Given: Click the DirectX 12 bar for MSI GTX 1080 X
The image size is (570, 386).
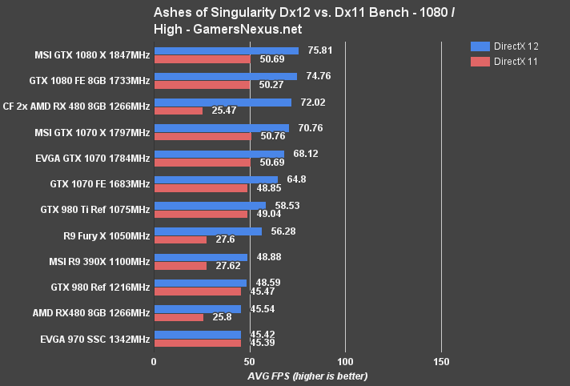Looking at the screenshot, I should [226, 51].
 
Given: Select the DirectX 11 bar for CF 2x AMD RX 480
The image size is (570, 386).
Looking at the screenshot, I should [178, 111].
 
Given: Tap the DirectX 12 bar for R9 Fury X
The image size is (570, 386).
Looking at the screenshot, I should [207, 231].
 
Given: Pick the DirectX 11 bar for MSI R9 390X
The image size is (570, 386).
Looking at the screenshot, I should [180, 266].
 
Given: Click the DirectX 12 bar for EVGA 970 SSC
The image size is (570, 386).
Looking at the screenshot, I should [197, 335].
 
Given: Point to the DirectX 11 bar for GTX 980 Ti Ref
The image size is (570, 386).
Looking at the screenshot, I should [200, 215].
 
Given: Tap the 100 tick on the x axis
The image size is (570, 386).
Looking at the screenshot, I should [345, 361].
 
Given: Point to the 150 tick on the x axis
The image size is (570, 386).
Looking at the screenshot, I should [440, 361].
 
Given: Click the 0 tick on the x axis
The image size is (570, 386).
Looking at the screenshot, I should [154, 361].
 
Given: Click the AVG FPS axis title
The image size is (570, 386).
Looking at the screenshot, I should [297, 376].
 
